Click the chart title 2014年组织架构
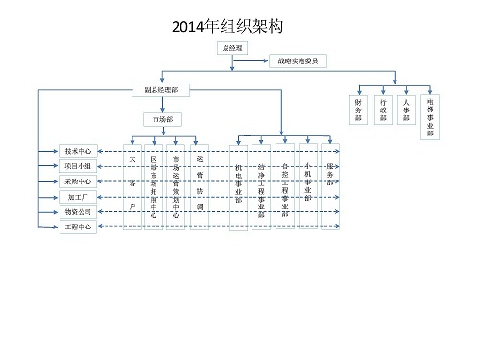tap(240, 26)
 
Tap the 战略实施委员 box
tap(299, 60)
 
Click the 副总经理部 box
tap(160, 89)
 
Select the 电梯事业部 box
tap(430, 111)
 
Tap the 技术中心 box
tap(77, 151)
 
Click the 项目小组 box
tap(77, 166)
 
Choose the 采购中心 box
tap(77, 181)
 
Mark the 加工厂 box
tap(77, 197)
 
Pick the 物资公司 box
tap(77, 212)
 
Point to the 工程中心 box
tap(77, 228)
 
